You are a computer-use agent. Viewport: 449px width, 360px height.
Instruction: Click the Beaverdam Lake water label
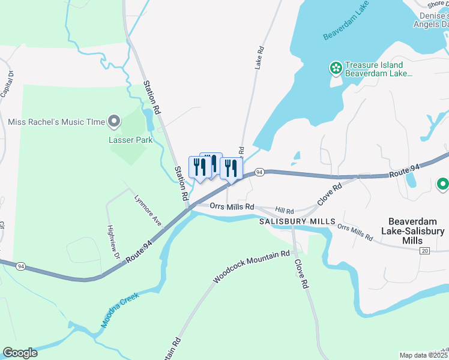click(x=345, y=25)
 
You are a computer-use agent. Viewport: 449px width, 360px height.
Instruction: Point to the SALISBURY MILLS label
click(x=297, y=221)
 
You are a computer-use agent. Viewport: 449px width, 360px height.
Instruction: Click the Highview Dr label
click(x=113, y=241)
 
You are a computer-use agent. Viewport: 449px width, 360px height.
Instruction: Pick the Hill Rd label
click(x=285, y=211)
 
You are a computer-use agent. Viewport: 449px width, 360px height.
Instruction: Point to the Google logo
click(x=20, y=353)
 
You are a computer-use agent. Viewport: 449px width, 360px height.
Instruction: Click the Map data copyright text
click(x=424, y=355)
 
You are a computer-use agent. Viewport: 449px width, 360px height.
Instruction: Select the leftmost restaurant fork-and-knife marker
click(x=200, y=167)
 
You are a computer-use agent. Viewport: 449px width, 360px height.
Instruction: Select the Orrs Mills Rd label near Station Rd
click(x=232, y=206)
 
